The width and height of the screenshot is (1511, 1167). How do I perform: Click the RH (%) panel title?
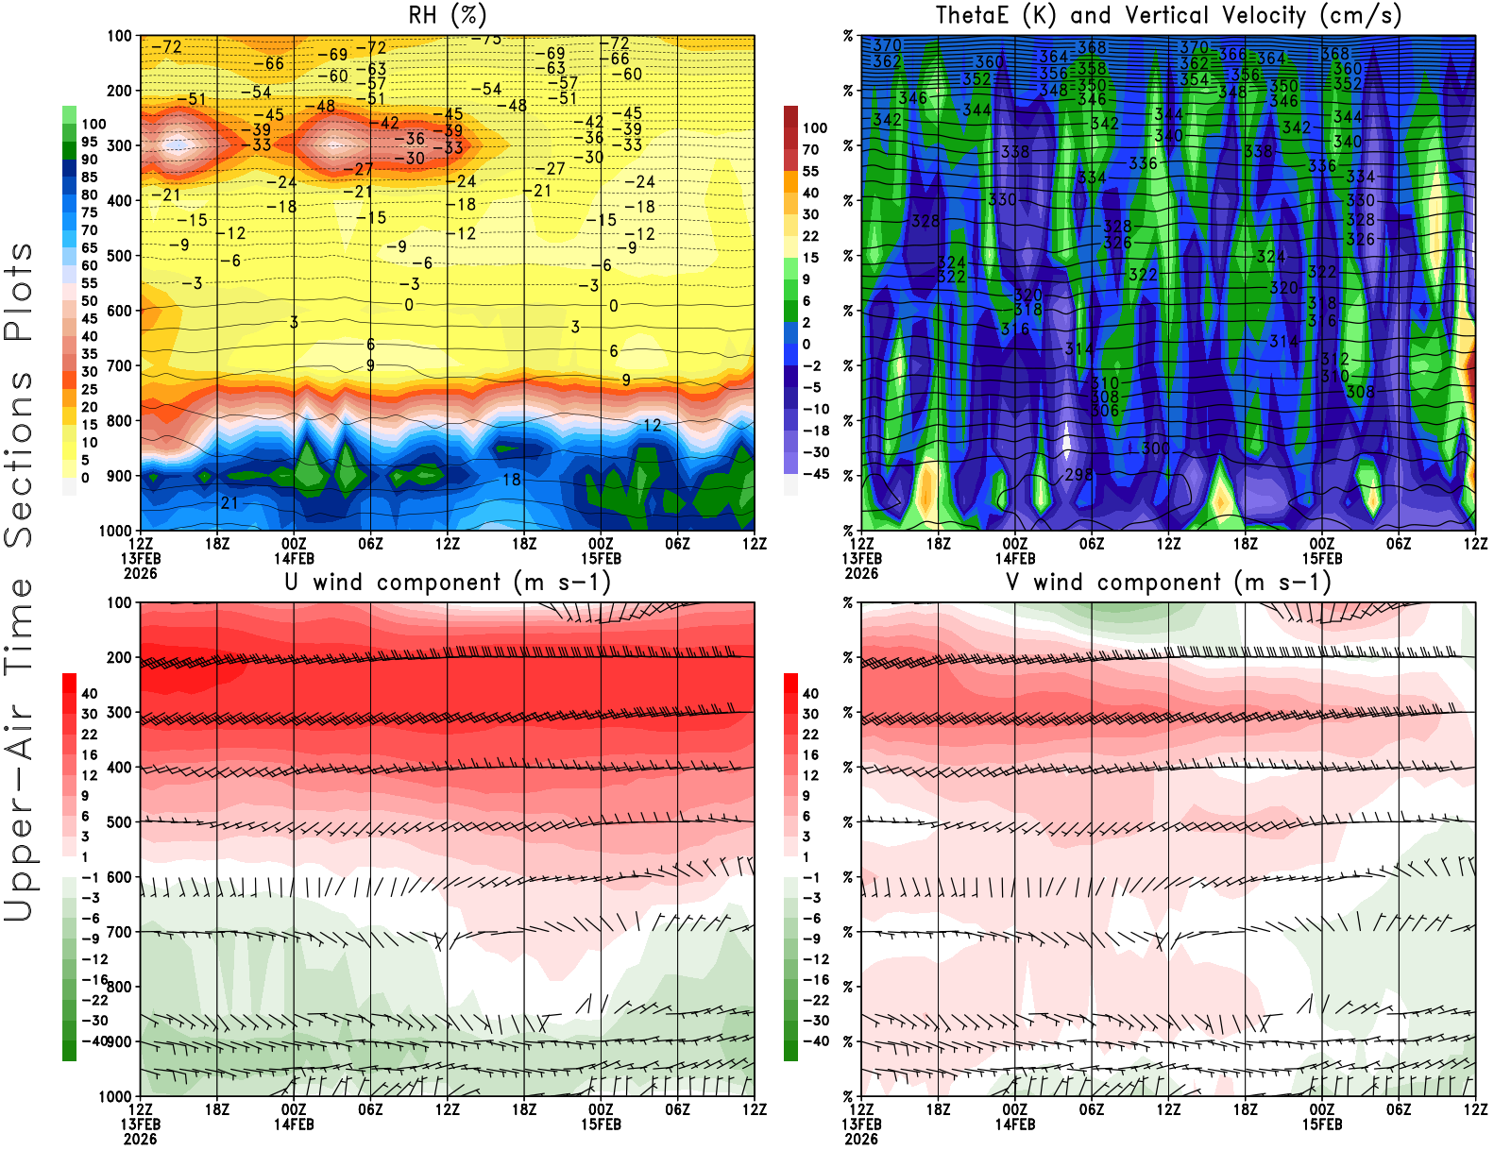(x=448, y=15)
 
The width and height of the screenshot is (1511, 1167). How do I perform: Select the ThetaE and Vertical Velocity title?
(x=1168, y=15)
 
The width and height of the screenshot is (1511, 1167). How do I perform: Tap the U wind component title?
(x=448, y=582)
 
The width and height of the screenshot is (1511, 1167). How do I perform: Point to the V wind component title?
(x=1168, y=582)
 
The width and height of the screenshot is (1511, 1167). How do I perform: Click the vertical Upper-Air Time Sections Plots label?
(x=19, y=582)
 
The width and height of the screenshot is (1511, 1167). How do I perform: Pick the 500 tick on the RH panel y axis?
(x=120, y=256)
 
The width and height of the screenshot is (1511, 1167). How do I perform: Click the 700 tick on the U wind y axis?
(x=120, y=932)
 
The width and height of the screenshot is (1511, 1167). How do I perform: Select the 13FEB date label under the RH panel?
(x=141, y=558)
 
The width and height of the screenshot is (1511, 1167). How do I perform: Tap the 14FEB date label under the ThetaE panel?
(x=1015, y=558)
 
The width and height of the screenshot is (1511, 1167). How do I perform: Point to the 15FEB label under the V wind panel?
(x=1322, y=1125)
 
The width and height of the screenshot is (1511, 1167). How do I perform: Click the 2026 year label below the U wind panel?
(x=141, y=1139)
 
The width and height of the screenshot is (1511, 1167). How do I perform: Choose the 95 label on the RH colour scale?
(x=89, y=142)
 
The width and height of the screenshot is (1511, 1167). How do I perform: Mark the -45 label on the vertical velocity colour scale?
(x=816, y=474)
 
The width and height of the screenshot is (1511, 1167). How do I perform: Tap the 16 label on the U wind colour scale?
(x=89, y=754)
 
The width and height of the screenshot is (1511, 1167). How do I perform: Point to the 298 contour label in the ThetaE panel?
(x=1078, y=474)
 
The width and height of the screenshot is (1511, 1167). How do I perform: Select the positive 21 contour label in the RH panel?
(x=229, y=502)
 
